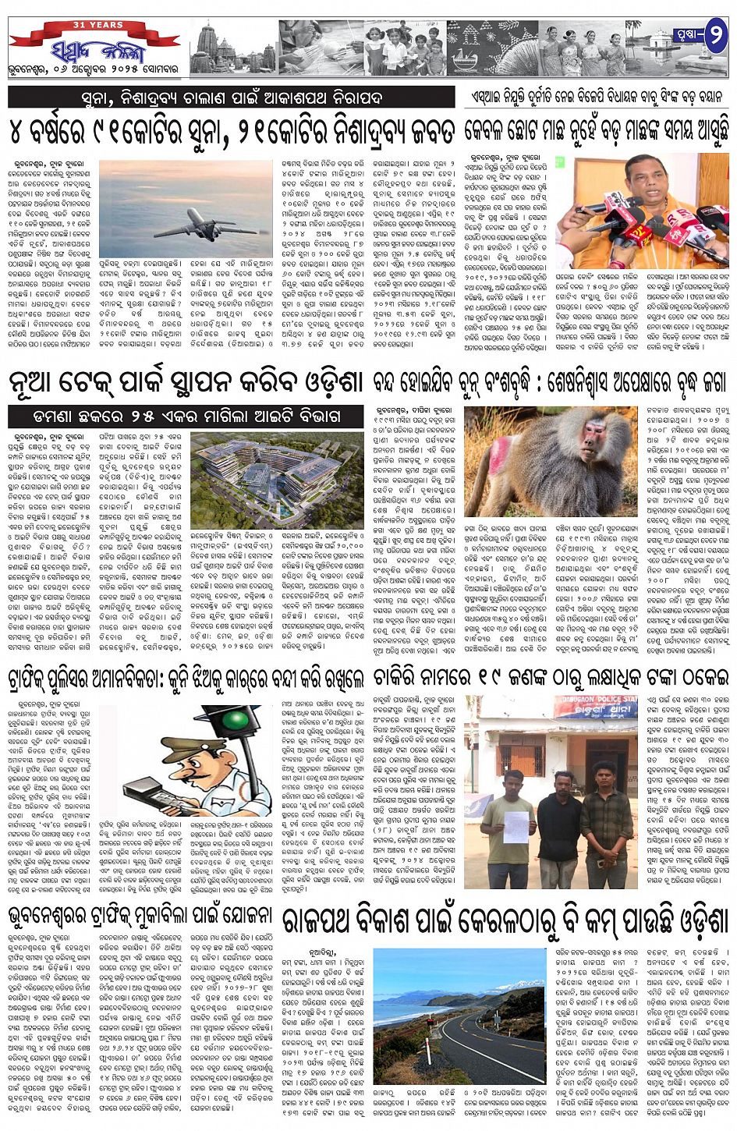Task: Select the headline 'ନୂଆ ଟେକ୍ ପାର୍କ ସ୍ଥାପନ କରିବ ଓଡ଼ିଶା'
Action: tap(186, 383)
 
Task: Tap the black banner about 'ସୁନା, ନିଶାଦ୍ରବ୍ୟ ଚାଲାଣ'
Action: tap(231, 97)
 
